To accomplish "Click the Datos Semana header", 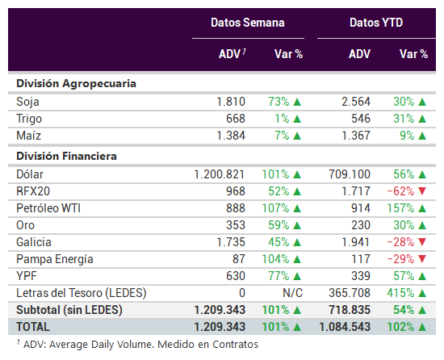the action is [x=248, y=23].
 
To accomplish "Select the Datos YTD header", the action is [x=376, y=23].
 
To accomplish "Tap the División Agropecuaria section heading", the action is [x=76, y=84].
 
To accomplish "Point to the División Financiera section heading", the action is [x=66, y=157].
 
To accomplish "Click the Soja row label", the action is [x=27, y=102].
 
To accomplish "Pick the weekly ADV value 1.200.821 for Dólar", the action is [x=219, y=174].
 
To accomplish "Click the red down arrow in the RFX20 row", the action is [x=422, y=191].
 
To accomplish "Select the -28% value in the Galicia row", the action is [x=400, y=242].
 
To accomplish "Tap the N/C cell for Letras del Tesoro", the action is [x=292, y=293].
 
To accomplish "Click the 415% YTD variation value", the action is [x=400, y=293].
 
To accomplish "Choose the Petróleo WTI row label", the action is [x=48, y=208].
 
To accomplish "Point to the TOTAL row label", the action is [x=33, y=327].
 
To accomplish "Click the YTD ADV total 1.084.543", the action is [x=345, y=327].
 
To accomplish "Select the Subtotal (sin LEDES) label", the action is [x=69, y=310].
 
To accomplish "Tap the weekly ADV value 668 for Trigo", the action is [x=236, y=119].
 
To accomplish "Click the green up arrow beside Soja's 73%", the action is [x=297, y=102].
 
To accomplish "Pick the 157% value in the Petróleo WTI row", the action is [x=400, y=208].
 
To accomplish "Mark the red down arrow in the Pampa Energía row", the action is [x=422, y=259].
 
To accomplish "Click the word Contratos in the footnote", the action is [x=235, y=345].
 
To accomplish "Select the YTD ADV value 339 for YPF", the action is [x=361, y=276].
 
